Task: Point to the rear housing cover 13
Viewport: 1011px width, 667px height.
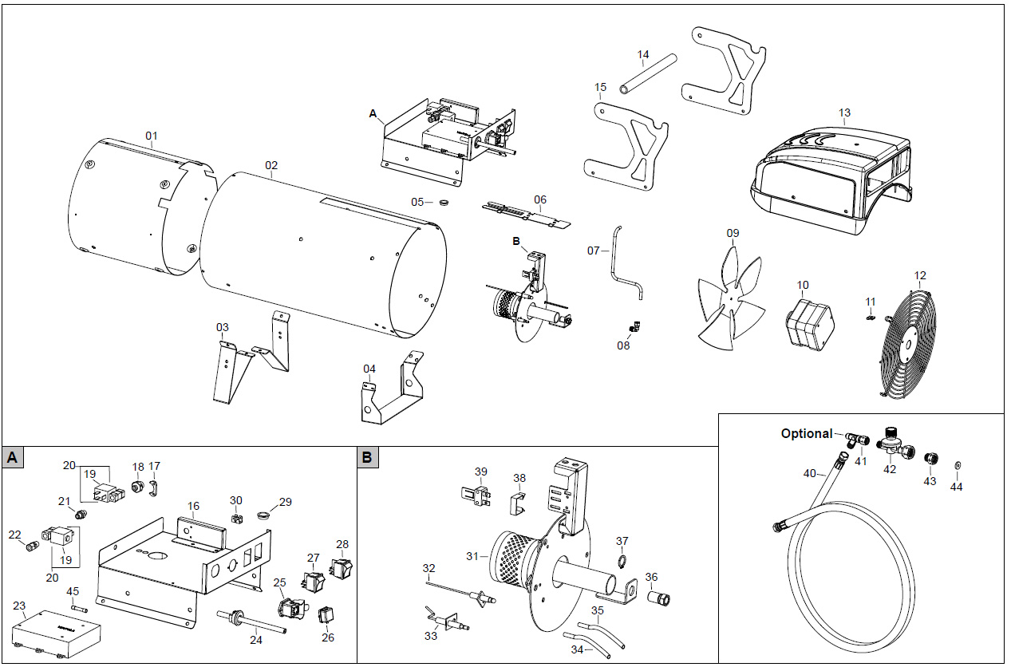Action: tap(830, 176)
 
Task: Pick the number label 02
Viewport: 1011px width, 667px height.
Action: tap(271, 166)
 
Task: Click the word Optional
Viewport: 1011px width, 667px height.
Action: tap(806, 433)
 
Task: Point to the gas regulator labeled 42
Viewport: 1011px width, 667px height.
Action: tap(892, 443)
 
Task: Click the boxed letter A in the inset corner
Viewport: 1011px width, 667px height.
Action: tap(12, 457)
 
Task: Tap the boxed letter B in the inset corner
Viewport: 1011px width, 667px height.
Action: tap(367, 457)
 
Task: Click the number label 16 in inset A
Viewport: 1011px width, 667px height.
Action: tap(193, 506)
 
